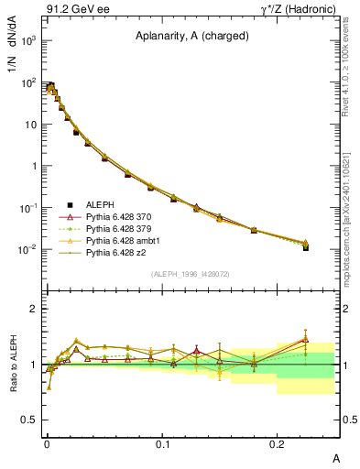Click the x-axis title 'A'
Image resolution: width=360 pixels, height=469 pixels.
(334, 457)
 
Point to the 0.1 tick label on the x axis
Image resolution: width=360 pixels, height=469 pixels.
(164, 443)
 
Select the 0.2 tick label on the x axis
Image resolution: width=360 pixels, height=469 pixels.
(279, 443)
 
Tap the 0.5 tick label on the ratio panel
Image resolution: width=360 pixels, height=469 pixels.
(29, 420)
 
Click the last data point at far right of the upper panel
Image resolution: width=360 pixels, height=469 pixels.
(306, 246)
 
